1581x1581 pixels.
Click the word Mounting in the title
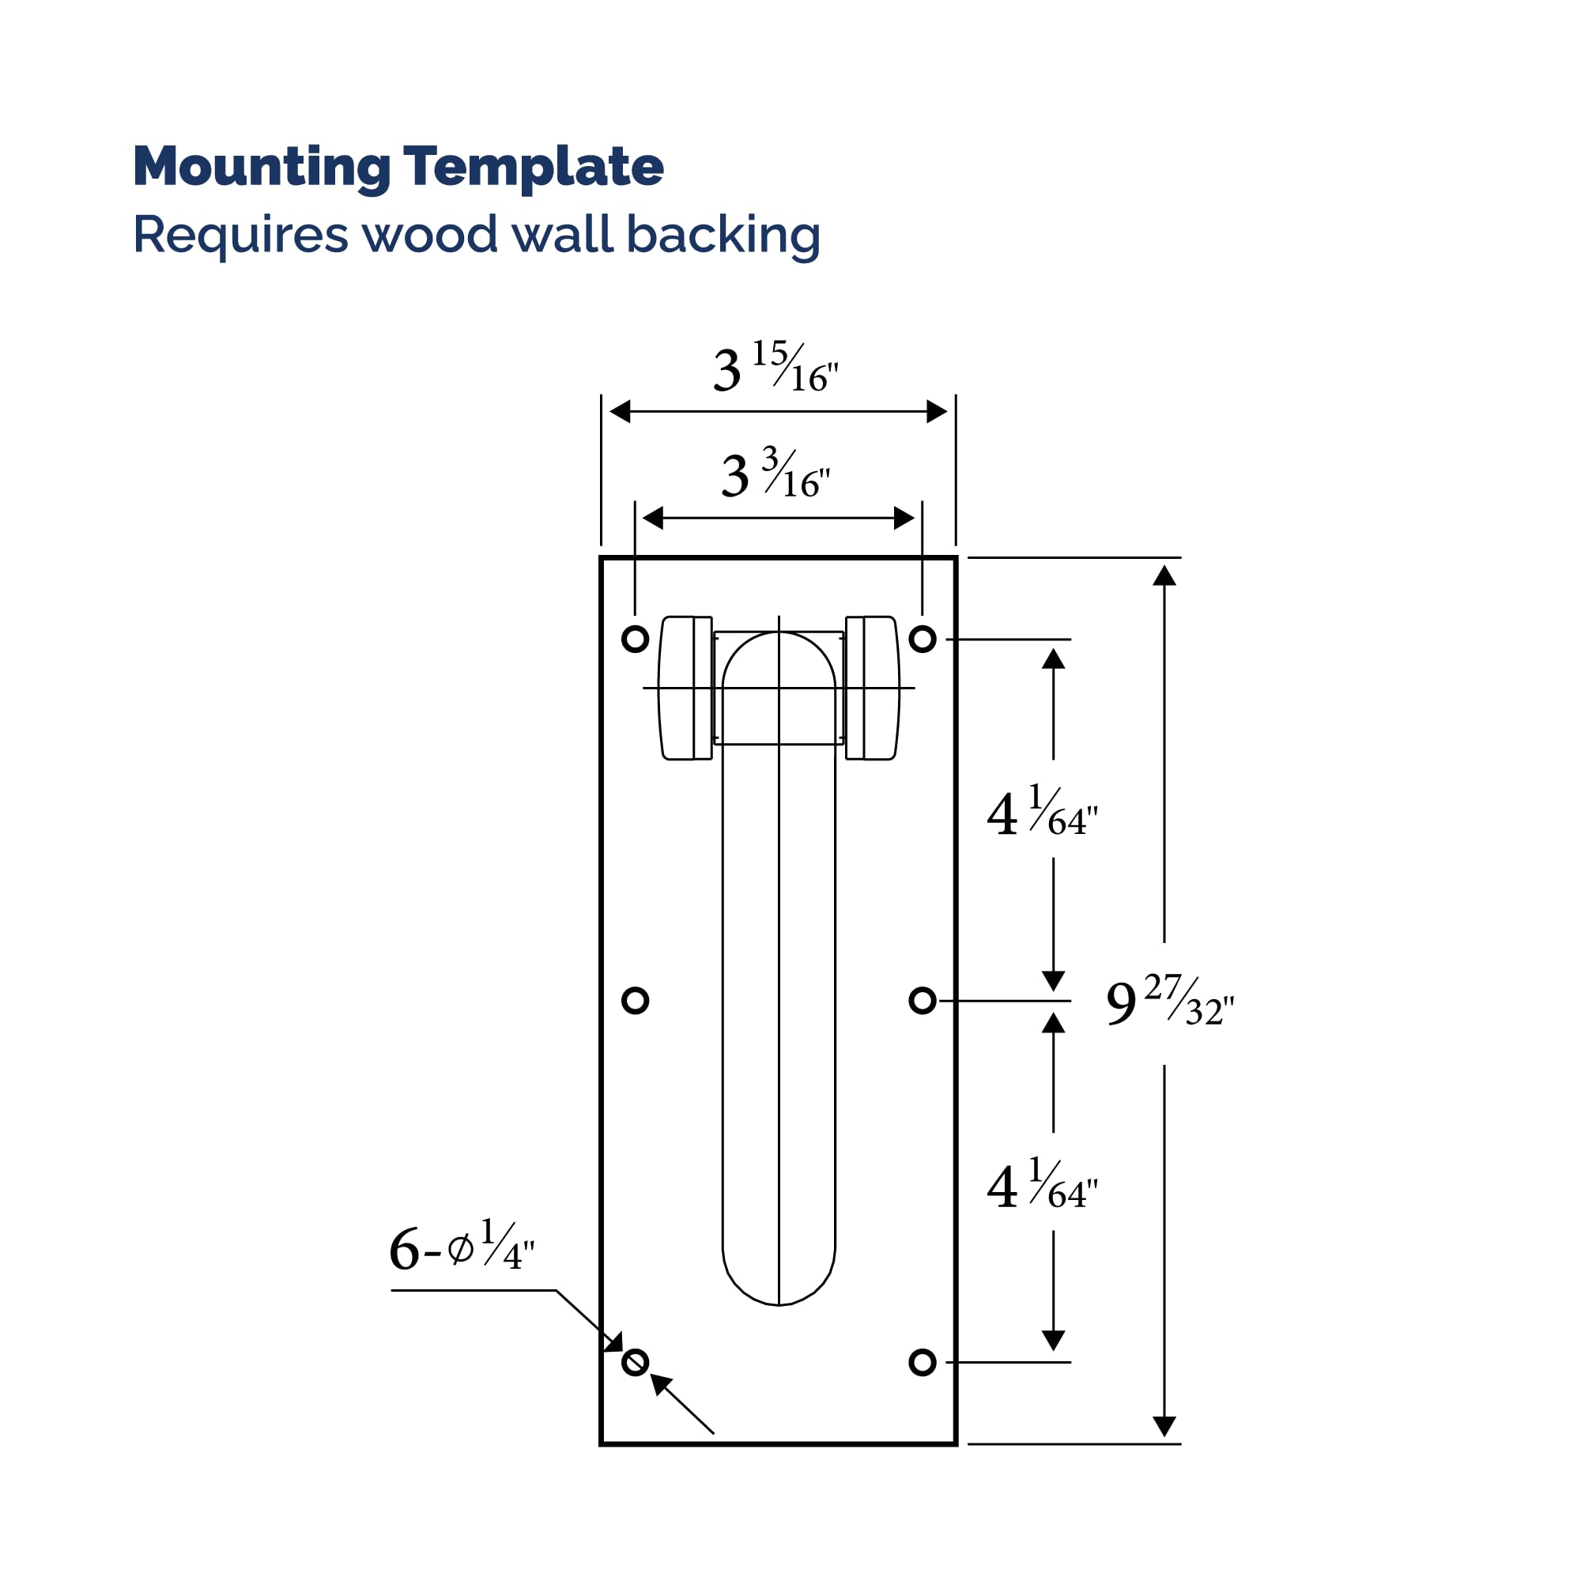point(262,168)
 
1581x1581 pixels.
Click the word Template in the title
point(533,168)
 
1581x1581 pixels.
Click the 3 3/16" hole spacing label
point(775,474)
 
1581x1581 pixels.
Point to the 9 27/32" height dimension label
point(1169,1001)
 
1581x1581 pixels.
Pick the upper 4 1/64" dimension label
point(1043,810)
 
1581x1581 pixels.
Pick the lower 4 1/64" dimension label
point(1043,1183)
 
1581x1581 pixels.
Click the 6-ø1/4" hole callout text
point(462,1246)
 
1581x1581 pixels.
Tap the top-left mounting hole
point(635,639)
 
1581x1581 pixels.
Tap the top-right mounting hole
point(923,639)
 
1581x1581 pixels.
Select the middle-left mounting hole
point(635,1000)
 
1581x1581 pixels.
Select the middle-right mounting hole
point(923,1000)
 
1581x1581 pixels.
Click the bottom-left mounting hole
point(635,1362)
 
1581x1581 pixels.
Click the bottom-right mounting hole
point(923,1362)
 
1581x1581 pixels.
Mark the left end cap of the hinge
point(685,689)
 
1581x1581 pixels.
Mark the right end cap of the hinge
point(873,689)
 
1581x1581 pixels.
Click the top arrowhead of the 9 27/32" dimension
point(1164,575)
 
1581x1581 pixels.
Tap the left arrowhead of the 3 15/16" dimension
point(621,412)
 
